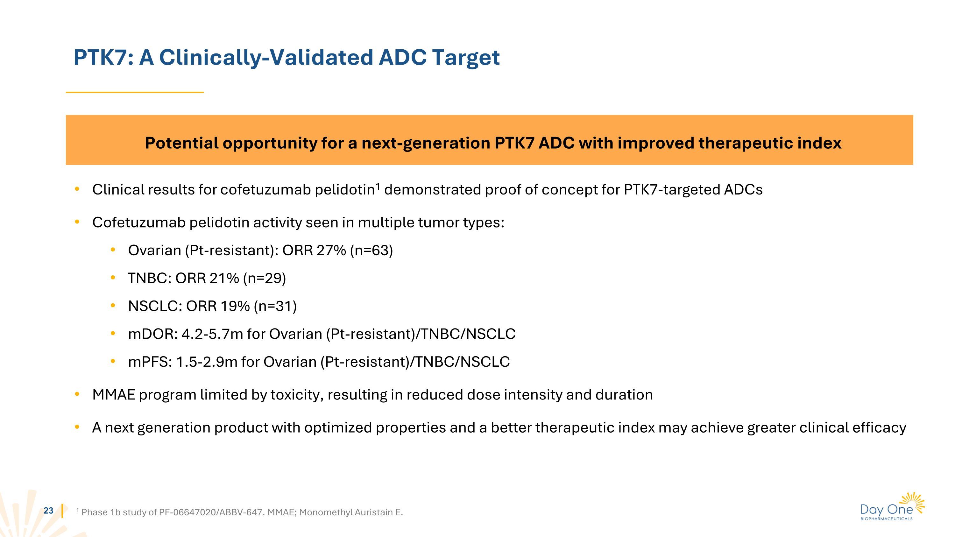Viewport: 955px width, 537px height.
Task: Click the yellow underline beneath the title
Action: point(135,92)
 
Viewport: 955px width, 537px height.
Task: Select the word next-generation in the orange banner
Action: point(426,143)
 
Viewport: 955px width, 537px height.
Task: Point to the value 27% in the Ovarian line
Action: point(331,251)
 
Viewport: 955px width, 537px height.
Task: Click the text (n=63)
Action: point(371,251)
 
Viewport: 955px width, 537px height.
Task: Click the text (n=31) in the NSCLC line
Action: point(275,306)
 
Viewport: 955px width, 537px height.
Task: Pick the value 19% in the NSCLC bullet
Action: point(235,306)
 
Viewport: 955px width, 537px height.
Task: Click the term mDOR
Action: point(152,334)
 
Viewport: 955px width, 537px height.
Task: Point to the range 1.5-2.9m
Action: point(207,362)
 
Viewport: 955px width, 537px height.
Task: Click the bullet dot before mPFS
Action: point(113,361)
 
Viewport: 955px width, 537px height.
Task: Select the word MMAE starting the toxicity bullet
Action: point(113,395)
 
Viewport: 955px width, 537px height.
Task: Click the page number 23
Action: point(49,511)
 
